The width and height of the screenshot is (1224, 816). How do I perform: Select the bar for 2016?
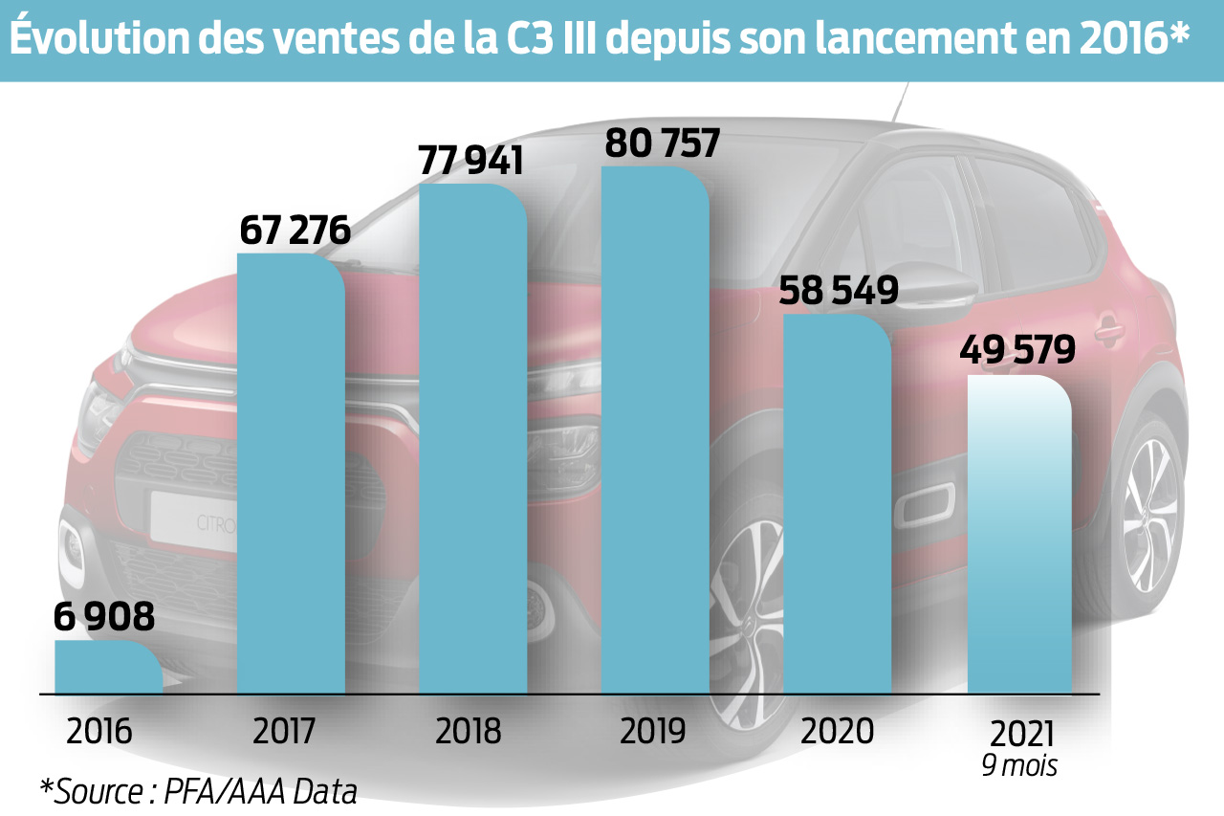pos(107,667)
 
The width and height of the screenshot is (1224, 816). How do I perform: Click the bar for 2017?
pos(290,474)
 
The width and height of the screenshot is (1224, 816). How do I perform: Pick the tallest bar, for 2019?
pos(655,430)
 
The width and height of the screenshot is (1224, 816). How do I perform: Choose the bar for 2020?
pos(837,502)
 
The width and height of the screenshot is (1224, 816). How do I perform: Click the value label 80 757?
pos(662,143)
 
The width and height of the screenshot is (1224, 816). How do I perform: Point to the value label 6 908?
pos(104,617)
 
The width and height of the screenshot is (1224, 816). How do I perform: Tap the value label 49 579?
pos(1016,350)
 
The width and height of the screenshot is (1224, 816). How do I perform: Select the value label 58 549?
pos(839,291)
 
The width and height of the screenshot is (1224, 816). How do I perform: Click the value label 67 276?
pos(295,231)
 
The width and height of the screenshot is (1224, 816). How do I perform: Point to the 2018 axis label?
pos(468,732)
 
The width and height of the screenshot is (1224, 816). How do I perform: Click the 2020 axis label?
pos(838,731)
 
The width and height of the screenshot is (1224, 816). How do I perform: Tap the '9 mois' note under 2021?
pos(1019,766)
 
